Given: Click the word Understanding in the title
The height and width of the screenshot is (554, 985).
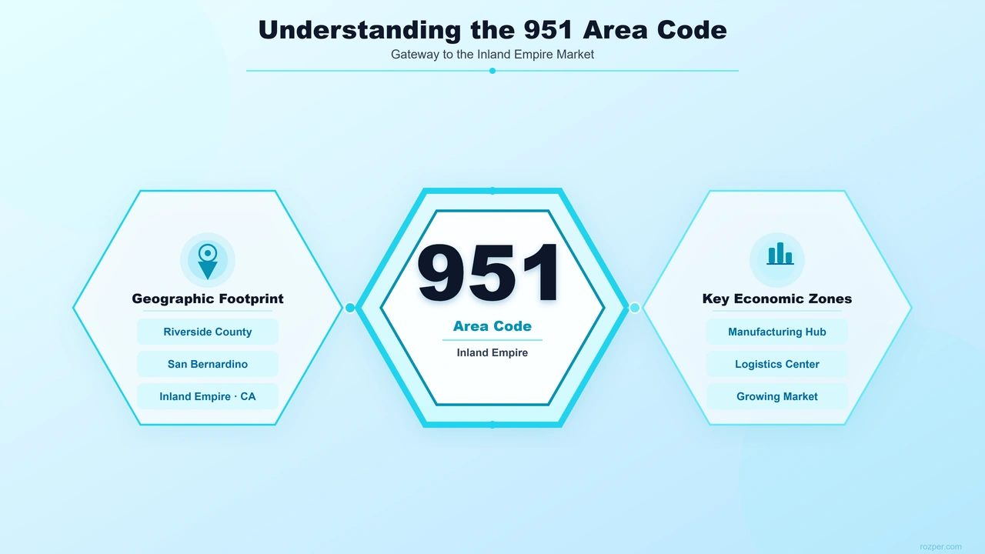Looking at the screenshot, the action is (359, 31).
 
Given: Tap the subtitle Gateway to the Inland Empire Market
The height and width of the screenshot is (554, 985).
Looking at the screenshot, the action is (492, 55).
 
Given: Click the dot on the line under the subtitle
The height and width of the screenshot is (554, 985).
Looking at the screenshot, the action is (492, 71).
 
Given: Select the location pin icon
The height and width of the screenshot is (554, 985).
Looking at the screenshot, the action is (208, 261).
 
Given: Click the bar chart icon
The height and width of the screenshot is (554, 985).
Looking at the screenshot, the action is (780, 254).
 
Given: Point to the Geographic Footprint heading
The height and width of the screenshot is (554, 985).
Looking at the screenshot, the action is (208, 299).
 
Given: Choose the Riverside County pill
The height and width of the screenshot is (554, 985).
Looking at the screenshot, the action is (208, 332).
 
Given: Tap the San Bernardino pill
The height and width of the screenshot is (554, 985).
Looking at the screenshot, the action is (208, 364).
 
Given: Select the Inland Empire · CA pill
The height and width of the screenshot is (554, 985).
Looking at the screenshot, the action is (208, 396).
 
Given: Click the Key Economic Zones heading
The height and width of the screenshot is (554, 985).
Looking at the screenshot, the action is (777, 299).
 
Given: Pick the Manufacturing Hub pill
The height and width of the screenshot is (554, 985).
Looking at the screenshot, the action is (777, 332).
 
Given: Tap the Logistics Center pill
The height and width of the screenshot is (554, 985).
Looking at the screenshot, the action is (777, 364).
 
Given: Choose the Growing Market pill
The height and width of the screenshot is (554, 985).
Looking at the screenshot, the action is (777, 396).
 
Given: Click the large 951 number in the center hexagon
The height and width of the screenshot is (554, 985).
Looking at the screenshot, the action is (489, 272).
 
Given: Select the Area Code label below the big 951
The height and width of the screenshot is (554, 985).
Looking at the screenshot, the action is (492, 326).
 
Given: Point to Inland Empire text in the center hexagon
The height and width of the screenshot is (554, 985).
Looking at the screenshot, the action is (492, 352).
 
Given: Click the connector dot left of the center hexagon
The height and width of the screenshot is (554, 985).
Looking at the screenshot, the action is (350, 308).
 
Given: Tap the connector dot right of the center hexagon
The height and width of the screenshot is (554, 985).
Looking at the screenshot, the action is (635, 308).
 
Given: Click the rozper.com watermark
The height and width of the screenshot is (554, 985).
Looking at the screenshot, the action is (940, 546).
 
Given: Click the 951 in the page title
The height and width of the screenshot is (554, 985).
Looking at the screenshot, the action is (549, 31).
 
